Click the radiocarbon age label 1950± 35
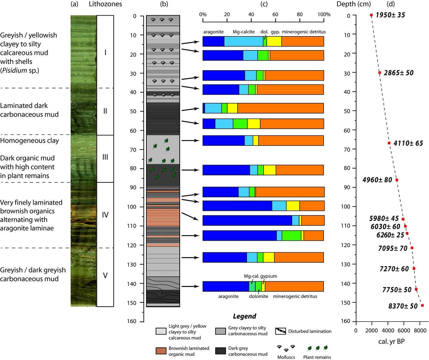pyautogui.click(x=390, y=15)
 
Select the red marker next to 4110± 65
pyautogui.click(x=389, y=143)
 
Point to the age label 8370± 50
pyautogui.click(x=403, y=306)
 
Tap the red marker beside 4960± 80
pyautogui.click(x=397, y=180)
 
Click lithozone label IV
pyautogui.click(x=105, y=215)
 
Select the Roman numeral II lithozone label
pyautogui.click(x=105, y=111)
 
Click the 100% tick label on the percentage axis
pyautogui.click(x=324, y=14)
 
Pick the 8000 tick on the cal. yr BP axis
pyautogui.click(x=420, y=330)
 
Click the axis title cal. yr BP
pyautogui.click(x=391, y=341)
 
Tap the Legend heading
pyautogui.click(x=244, y=316)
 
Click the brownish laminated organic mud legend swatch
pyautogui.click(x=161, y=351)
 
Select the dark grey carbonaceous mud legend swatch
pyautogui.click(x=220, y=351)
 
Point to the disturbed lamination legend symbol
pyautogui.click(x=280, y=331)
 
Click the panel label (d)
pyautogui.click(x=391, y=4)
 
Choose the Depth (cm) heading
pyautogui.click(x=354, y=4)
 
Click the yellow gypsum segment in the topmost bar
pyautogui.click(x=274, y=41)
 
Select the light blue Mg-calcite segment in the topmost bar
pyautogui.click(x=243, y=41)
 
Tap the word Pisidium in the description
pyautogui.click(x=15, y=70)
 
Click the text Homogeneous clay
pyautogui.click(x=29, y=140)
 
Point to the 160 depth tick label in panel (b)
pyautogui.click(x=132, y=321)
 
